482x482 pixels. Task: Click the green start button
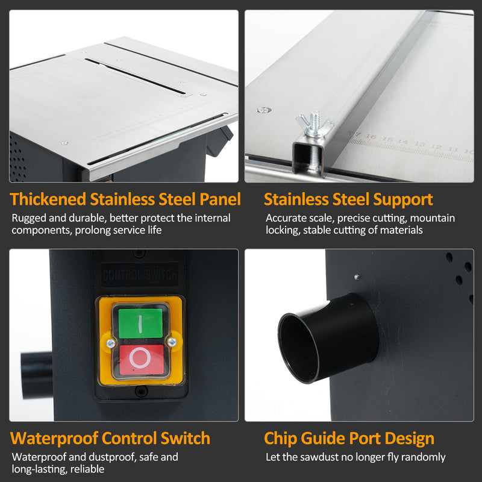coord(140,324)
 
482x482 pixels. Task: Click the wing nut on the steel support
coord(315,124)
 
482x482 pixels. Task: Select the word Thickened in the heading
coord(48,199)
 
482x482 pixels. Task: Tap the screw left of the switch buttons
coord(111,343)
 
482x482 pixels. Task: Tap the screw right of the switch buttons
coord(172,342)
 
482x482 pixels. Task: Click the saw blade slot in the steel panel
coord(135,76)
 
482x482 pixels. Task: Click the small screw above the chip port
coord(357,277)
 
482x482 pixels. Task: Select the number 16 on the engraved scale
coord(371,137)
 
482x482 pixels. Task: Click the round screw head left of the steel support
coord(264,110)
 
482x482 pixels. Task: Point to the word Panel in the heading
coord(220,199)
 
